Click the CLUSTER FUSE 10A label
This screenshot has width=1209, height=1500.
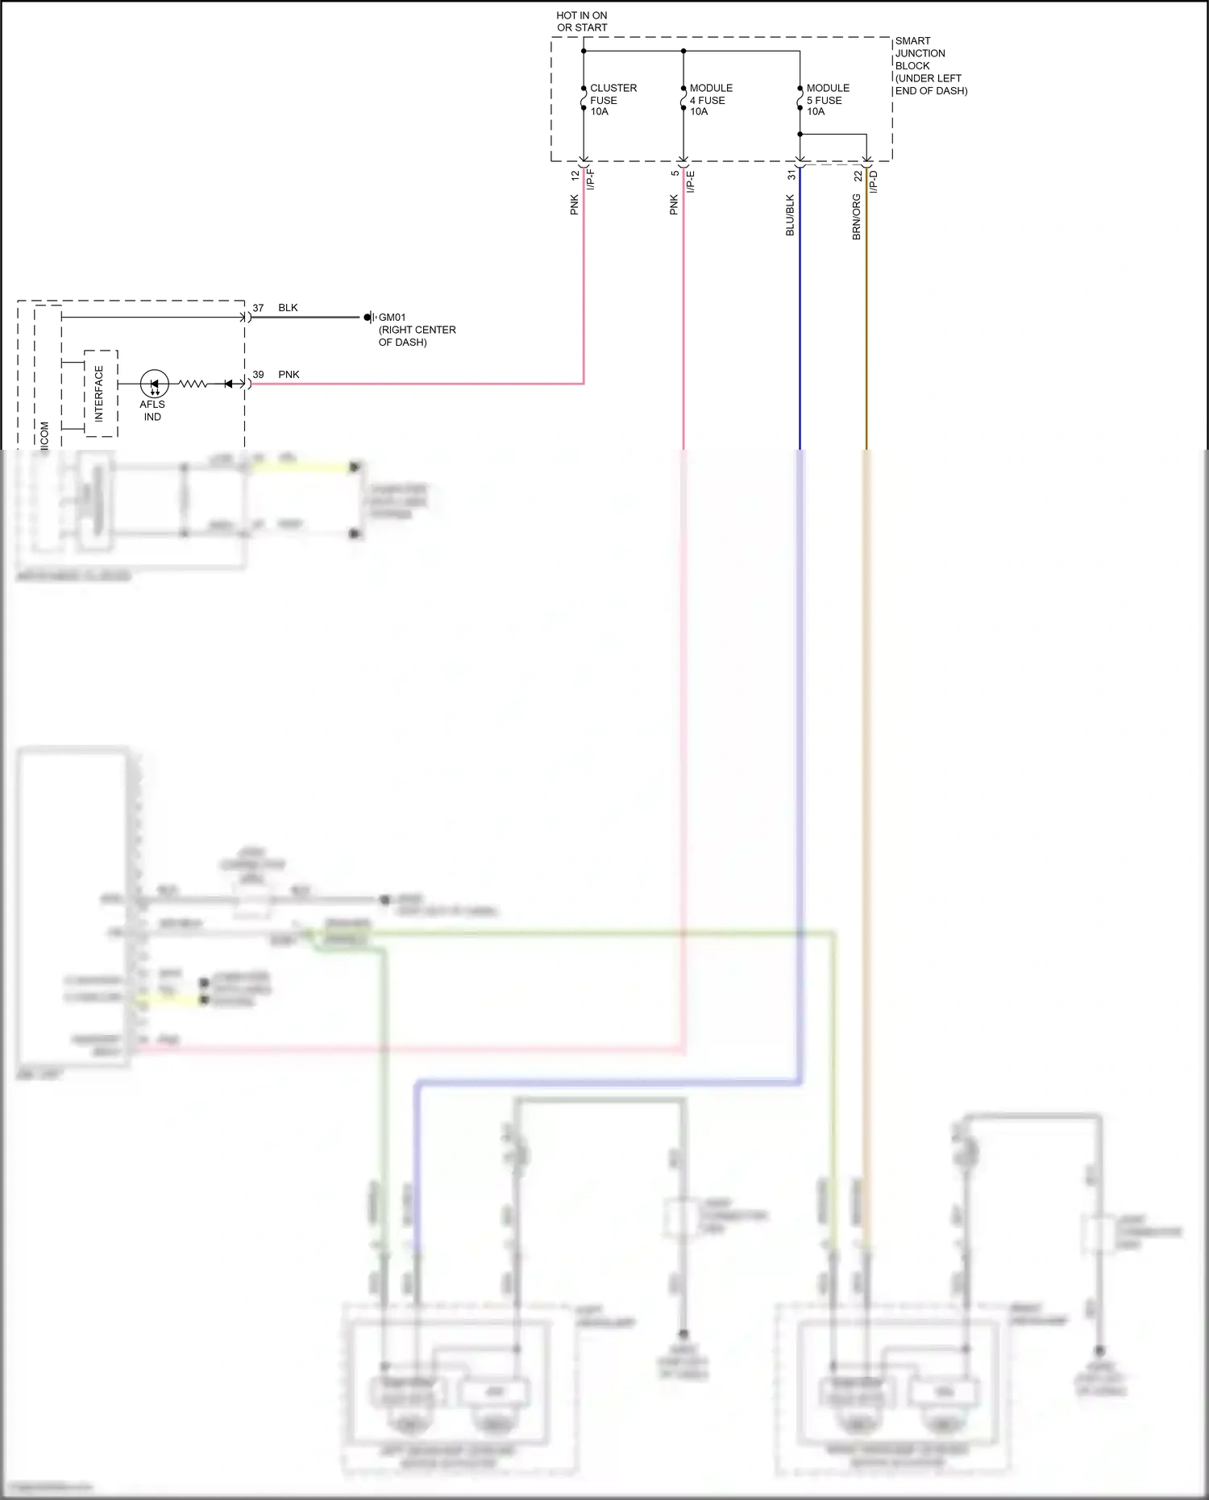point(613,100)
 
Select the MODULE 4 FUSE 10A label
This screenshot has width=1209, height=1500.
point(710,100)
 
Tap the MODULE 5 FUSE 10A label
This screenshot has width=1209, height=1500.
point(827,100)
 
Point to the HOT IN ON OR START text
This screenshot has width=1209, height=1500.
point(581,21)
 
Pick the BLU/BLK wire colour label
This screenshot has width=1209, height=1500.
point(790,215)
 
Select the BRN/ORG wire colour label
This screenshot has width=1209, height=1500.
point(856,217)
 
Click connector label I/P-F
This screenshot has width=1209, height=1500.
point(591,179)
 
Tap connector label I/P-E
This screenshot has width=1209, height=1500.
point(691,181)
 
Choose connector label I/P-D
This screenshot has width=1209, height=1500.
point(874,181)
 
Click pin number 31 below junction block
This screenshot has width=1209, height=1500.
point(791,174)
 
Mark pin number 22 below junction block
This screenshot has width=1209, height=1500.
point(858,175)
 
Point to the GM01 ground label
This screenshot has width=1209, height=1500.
point(393,318)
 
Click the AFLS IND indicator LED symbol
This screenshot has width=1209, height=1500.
point(154,384)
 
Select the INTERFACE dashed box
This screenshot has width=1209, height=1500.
point(101,393)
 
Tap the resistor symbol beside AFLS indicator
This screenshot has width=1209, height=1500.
point(193,384)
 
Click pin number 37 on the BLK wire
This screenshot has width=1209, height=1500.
point(258,308)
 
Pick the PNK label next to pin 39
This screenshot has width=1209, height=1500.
point(289,375)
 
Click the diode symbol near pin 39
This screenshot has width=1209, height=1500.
point(229,384)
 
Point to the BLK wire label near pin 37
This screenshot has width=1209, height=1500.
point(288,308)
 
